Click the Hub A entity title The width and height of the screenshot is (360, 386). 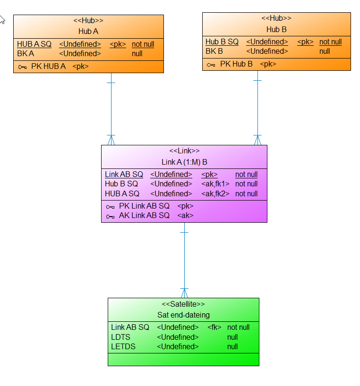(x=88, y=31)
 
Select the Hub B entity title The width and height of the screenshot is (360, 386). (x=276, y=29)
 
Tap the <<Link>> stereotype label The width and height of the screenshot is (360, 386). (x=184, y=151)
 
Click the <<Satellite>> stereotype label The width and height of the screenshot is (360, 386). (x=183, y=304)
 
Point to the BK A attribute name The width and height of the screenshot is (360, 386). (x=26, y=53)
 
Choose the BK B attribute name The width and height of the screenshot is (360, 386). (x=214, y=51)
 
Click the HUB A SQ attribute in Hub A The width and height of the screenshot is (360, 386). (x=34, y=44)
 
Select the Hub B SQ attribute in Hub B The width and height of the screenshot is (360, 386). (x=222, y=42)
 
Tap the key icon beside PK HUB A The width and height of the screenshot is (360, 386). (x=22, y=67)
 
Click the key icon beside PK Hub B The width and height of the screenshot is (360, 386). (x=211, y=64)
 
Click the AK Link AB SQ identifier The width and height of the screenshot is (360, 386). (x=144, y=215)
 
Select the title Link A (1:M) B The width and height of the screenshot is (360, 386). (x=184, y=162)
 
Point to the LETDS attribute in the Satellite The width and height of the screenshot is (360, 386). (x=123, y=346)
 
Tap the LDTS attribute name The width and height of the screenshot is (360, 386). (x=120, y=337)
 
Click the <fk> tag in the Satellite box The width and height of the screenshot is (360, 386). (x=214, y=327)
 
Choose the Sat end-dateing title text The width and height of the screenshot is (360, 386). (x=183, y=315)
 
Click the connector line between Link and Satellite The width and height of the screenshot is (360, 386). (x=184, y=260)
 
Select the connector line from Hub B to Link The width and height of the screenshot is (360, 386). (x=257, y=109)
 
